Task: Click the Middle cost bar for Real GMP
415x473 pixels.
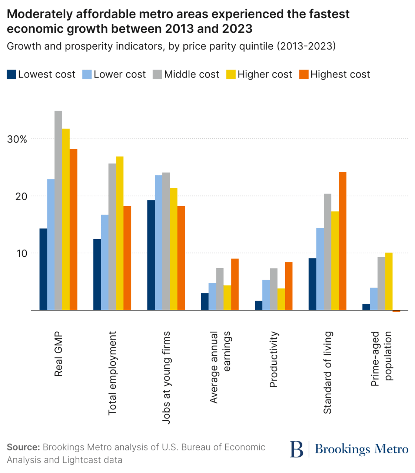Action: point(58,210)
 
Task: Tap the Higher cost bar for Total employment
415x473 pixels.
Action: point(120,233)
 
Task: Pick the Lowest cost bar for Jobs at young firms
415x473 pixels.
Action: point(151,255)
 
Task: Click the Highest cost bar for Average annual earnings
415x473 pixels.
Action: point(235,284)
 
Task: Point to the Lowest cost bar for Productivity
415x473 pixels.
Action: point(259,305)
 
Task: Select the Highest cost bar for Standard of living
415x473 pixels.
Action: point(342,241)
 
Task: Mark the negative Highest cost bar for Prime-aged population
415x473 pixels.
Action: point(396,311)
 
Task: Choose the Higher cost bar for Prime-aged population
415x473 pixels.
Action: point(389,281)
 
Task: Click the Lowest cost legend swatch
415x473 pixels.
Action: point(11,74)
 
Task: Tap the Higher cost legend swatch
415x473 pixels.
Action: point(231,74)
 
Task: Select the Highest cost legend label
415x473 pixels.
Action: point(340,75)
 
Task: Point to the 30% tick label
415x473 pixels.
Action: point(17,139)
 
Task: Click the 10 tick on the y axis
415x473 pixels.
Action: point(21,253)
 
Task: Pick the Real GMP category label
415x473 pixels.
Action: point(59,354)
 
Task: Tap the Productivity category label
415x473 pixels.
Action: point(273,359)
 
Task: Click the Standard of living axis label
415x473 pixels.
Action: point(327,372)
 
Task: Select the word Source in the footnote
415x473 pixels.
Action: point(23,447)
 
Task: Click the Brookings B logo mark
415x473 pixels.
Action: point(296,449)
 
